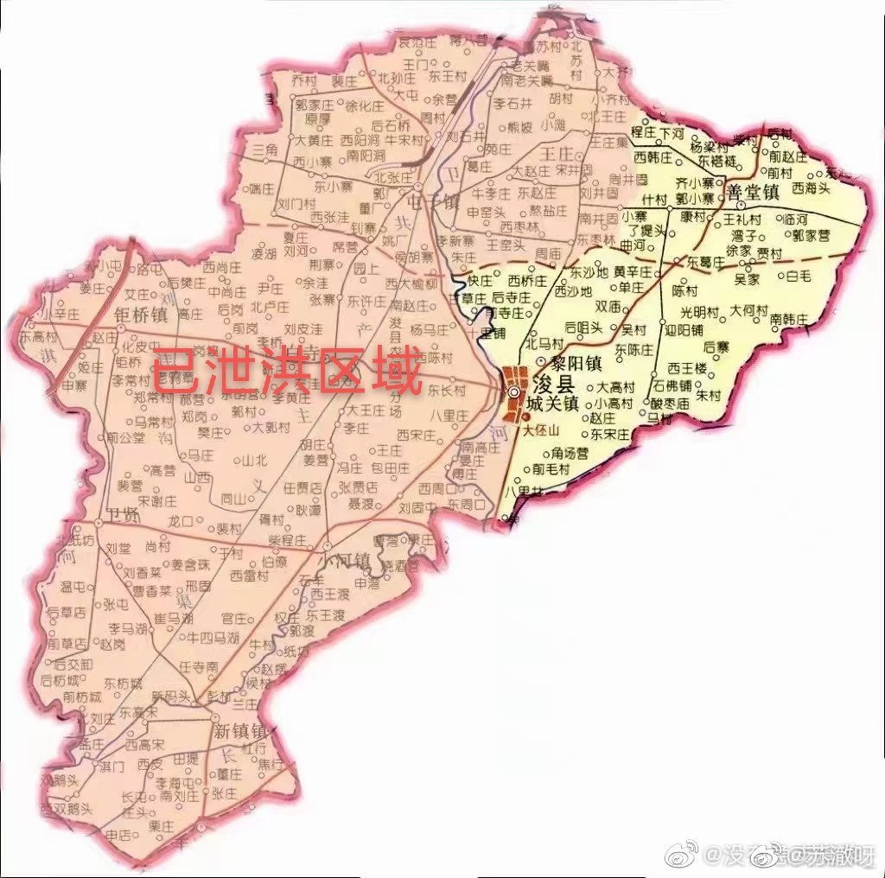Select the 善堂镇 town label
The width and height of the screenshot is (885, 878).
[x=754, y=192]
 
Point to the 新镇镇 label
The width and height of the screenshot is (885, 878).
[x=239, y=731]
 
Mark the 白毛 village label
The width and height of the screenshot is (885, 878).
[x=798, y=277]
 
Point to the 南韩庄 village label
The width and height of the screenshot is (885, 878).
[x=787, y=319]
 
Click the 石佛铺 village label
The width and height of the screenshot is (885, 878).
[x=672, y=385]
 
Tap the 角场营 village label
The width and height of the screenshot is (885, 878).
[x=570, y=452]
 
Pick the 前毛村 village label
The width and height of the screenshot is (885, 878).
[x=551, y=469]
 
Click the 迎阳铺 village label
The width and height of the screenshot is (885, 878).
[x=684, y=329]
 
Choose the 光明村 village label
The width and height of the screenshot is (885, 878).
[x=699, y=311]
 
